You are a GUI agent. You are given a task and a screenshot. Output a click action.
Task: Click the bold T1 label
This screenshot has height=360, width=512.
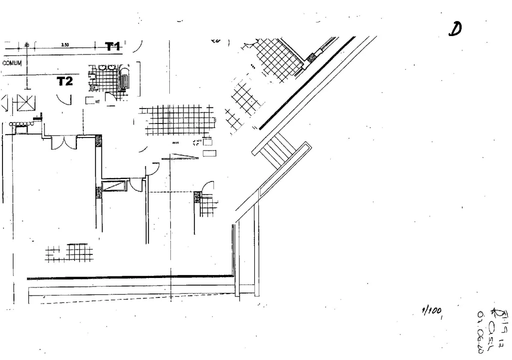(x=113, y=46)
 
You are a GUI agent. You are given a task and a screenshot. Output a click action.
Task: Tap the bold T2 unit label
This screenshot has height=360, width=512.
(x=64, y=81)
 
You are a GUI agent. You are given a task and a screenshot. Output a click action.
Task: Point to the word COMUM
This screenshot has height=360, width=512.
(x=12, y=63)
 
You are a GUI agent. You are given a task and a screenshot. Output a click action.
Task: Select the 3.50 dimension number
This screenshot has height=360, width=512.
(x=65, y=44)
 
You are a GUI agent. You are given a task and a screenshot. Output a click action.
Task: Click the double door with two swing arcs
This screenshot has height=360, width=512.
(x=64, y=142)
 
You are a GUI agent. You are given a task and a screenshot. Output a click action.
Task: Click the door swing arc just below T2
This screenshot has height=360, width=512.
(x=64, y=98)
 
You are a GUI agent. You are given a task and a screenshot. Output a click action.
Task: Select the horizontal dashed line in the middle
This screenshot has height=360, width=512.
(x=172, y=192)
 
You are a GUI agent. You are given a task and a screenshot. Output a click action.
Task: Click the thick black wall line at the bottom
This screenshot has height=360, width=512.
(x=130, y=276)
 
